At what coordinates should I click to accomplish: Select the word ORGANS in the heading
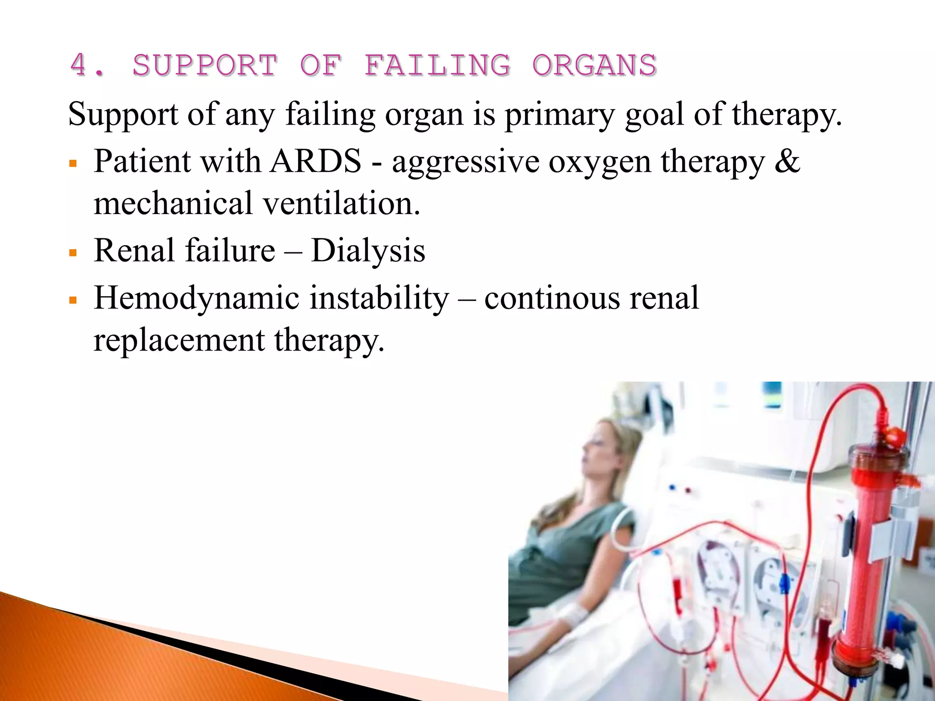point(594,65)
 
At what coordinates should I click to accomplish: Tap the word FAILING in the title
point(437,65)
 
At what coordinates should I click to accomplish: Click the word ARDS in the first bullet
point(315,162)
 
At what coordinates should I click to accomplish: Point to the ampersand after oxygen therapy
point(787,162)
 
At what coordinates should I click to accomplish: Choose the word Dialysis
point(368,251)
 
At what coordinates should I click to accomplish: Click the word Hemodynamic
point(197,298)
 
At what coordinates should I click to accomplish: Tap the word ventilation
point(341,204)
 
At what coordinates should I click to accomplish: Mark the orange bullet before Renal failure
point(73,252)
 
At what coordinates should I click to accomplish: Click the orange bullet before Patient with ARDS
point(73,163)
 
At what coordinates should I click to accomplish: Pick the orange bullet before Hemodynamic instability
point(73,300)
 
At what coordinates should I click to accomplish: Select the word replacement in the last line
point(179,340)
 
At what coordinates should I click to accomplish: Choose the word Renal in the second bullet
point(133,251)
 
